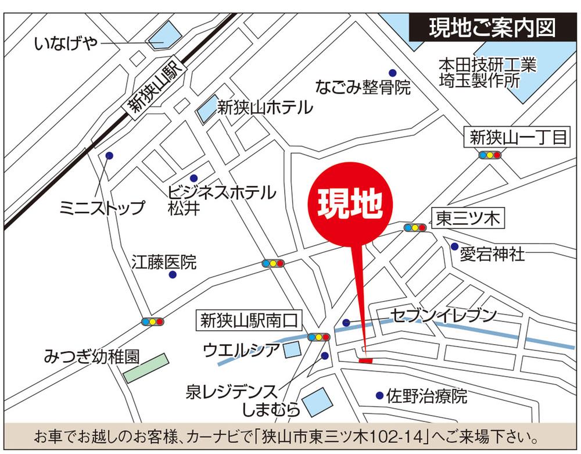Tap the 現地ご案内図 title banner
tap(492, 28)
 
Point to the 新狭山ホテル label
tap(264, 108)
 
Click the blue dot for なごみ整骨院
tap(393, 73)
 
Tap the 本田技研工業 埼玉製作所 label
tap(487, 72)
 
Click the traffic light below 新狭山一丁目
tap(490, 155)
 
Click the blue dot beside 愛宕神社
tap(454, 246)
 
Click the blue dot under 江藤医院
tap(173, 274)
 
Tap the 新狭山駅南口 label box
tap(249, 319)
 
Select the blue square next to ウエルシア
tap(292, 349)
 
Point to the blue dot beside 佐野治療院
tap(379, 395)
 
